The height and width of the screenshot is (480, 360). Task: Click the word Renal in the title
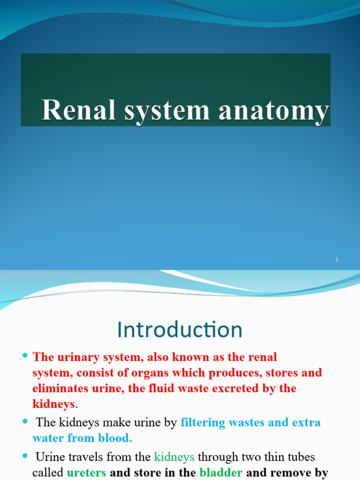pyautogui.click(x=79, y=110)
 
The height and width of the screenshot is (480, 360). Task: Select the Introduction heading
pyautogui.click(x=180, y=330)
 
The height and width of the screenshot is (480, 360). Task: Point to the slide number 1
pyautogui.click(x=337, y=260)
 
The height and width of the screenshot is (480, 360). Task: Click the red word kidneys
pyautogui.click(x=53, y=404)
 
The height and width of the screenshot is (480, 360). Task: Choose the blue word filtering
pyautogui.click(x=202, y=422)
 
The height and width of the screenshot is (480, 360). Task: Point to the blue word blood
pyautogui.click(x=115, y=438)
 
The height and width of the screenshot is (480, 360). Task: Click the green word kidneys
pyautogui.click(x=174, y=457)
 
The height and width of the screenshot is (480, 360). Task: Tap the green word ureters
pyautogui.click(x=86, y=472)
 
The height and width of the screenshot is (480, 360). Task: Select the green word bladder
pyautogui.click(x=221, y=472)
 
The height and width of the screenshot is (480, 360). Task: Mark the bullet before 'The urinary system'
pyautogui.click(x=25, y=355)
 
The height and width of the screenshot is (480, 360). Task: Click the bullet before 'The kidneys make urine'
pyautogui.click(x=25, y=421)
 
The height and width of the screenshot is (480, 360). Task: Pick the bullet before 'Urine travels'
pyautogui.click(x=25, y=456)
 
